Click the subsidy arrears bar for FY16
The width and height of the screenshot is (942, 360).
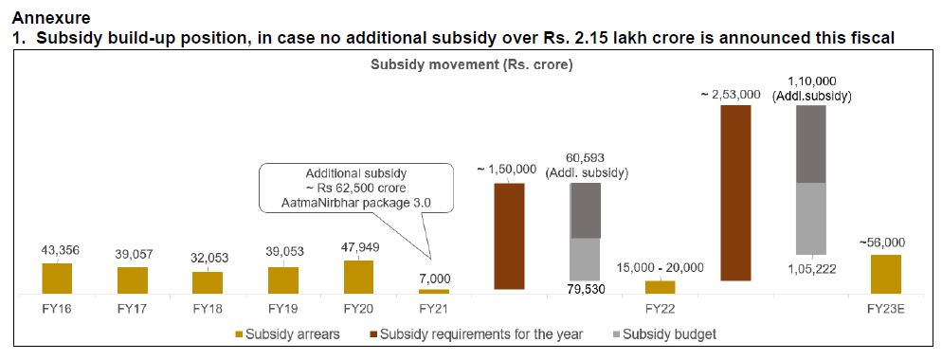coord(57,277)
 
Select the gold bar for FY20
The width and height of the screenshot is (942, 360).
coord(358,275)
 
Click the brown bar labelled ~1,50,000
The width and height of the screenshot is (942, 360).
coord(509,235)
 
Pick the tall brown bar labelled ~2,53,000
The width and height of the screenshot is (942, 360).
coord(735,192)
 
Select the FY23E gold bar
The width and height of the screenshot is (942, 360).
coord(886,272)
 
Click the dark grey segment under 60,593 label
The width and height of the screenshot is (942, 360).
coord(585,210)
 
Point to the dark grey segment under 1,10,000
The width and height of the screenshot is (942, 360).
coord(811,143)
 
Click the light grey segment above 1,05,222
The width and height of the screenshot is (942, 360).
coord(811,218)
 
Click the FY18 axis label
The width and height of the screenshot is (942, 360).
coord(208,309)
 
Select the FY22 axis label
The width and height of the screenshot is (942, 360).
coord(660,309)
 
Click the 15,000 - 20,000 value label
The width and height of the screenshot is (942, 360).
coord(660,267)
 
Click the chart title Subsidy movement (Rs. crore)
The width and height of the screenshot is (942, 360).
coord(470,66)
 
